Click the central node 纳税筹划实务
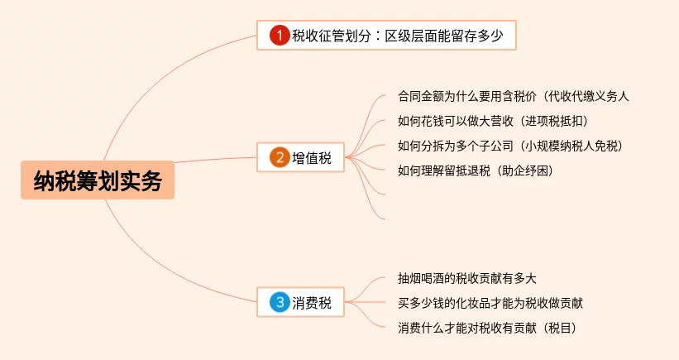98,180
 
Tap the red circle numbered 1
280,36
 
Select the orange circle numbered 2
280,158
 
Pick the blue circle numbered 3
280,303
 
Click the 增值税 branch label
312,158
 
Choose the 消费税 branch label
312,303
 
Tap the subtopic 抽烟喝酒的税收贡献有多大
467,278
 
